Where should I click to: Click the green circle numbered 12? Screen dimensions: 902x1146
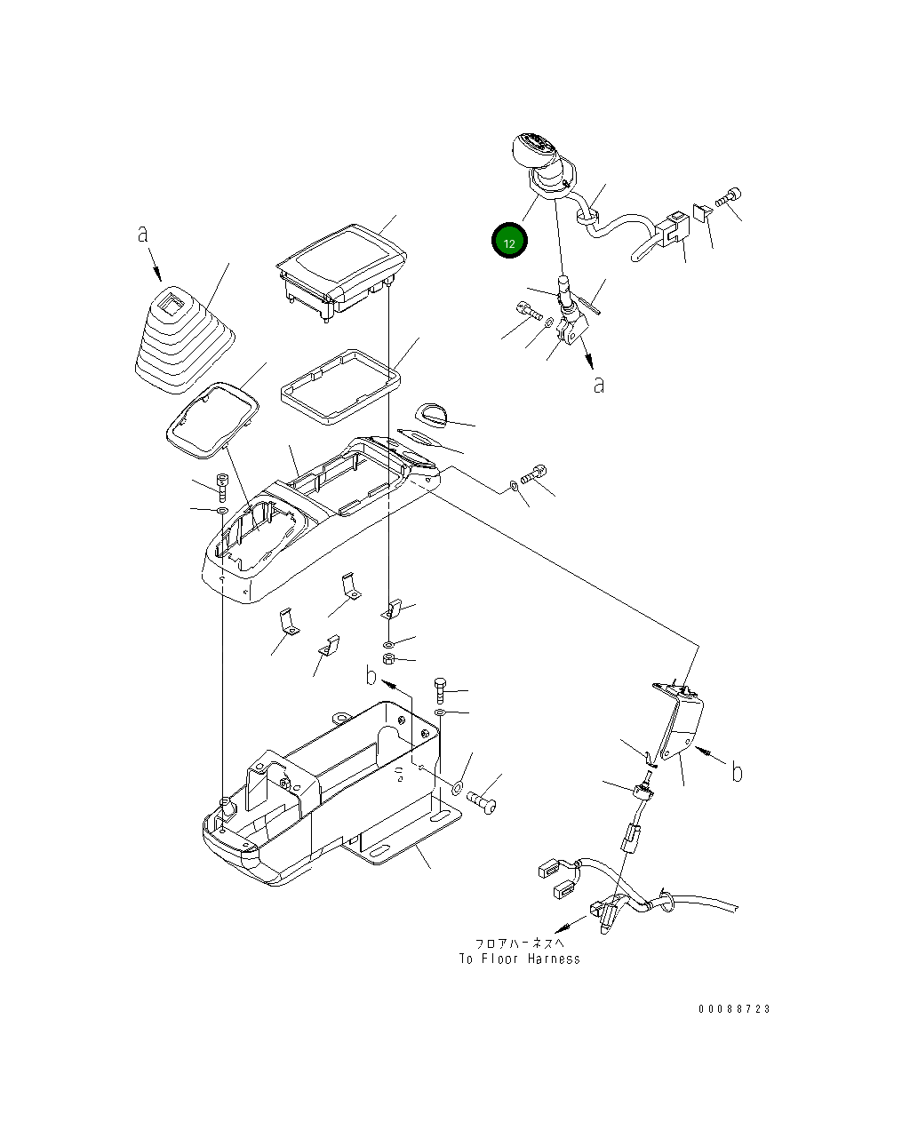509,240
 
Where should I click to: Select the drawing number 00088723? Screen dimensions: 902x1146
734,1008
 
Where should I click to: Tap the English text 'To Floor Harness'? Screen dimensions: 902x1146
520,959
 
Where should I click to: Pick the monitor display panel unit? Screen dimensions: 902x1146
341,273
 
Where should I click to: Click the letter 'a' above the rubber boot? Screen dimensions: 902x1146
142,234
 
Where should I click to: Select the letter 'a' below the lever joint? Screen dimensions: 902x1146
599,385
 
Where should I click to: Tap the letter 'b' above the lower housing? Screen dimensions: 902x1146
371,675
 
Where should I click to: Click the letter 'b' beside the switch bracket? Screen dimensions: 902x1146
737,772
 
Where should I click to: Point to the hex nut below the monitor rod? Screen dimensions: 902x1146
389,658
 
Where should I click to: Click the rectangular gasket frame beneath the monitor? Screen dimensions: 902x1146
341,386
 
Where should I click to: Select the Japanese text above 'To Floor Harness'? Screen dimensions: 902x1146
520,943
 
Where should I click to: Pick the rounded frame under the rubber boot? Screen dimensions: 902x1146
212,420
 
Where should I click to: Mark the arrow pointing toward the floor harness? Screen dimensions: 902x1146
570,924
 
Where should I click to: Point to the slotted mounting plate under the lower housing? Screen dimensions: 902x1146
403,834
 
